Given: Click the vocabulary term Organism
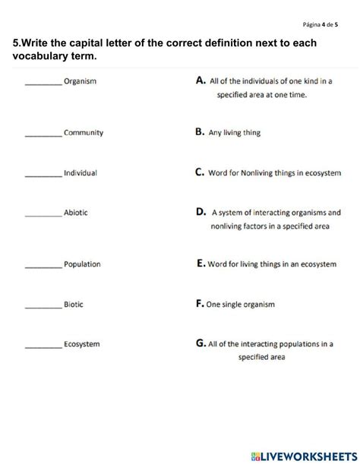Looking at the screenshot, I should (x=81, y=81).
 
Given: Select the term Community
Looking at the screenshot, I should (x=84, y=132).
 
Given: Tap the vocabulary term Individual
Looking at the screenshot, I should (x=81, y=173).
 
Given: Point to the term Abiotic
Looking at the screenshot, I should (x=76, y=213).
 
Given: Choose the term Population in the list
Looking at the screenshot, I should (x=83, y=264).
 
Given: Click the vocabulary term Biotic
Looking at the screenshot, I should (x=74, y=305).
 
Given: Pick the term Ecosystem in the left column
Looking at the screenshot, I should (x=82, y=344).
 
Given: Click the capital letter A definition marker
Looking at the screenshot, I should (x=201, y=79).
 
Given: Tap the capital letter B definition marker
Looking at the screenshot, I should (x=200, y=131).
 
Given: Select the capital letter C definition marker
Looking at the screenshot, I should (x=200, y=172).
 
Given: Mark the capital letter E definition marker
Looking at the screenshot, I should (x=200, y=264).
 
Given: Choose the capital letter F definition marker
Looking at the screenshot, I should (x=199, y=304).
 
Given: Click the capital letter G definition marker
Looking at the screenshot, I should (x=201, y=342).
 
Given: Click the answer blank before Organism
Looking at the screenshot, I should (x=43, y=83).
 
